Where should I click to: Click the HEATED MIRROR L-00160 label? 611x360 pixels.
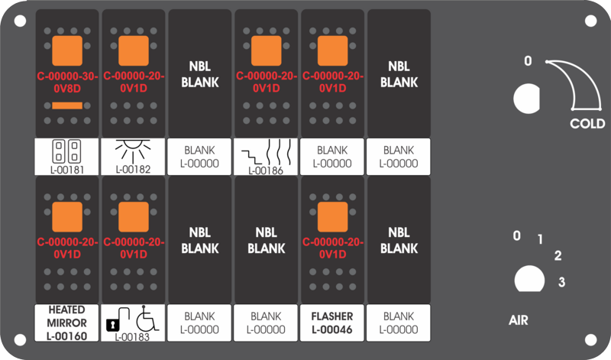coord(66,323)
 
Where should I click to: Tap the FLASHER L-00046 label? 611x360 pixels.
coord(332,323)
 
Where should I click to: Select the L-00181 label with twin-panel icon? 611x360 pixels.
coord(66,157)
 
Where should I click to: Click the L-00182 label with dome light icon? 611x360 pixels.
coord(133,157)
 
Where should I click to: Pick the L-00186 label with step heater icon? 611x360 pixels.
coord(266,157)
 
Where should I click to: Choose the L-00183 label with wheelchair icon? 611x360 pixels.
coord(133,323)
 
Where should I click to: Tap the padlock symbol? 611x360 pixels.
coord(118,319)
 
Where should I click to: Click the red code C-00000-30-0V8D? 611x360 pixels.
coord(67,83)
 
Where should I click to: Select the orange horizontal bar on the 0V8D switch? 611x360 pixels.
coord(67,105)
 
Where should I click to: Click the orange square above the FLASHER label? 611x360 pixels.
coord(332,217)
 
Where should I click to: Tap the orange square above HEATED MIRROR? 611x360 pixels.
coord(67,217)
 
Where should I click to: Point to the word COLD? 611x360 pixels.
coord(587,124)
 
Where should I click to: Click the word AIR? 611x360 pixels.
coord(519,320)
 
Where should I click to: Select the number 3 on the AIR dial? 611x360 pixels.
coord(561,281)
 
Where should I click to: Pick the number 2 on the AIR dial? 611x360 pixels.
coord(558,256)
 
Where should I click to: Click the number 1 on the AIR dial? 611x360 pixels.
coord(540,239)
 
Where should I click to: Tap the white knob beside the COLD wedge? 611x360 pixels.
coord(526,99)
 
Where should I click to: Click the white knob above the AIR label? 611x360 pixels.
coord(529,279)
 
